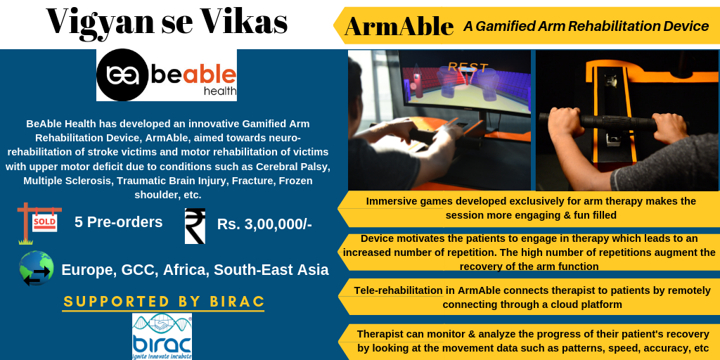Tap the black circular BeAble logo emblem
tap(122, 75)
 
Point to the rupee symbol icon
tap(195, 226)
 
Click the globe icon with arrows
tap(37, 269)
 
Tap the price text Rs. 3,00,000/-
tap(264, 224)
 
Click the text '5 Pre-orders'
tap(118, 222)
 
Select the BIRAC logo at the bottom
tap(162, 336)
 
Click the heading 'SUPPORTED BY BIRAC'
tap(164, 302)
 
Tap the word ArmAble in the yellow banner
tap(399, 26)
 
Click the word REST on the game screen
tap(468, 67)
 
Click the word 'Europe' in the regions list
tap(89, 269)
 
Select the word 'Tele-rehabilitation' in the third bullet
tap(398, 290)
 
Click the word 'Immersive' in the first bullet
tap(392, 201)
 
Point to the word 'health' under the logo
tap(220, 91)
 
